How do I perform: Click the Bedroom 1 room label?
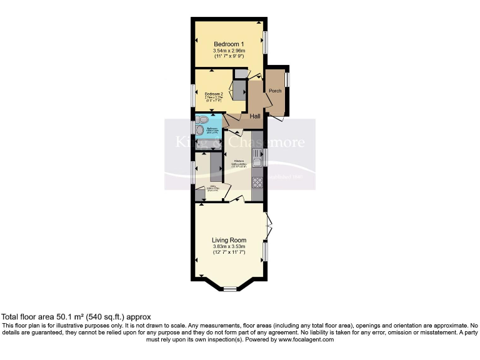coord(228,43)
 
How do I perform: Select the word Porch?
coord(275,91)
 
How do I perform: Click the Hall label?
coord(255,116)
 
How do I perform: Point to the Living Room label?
coord(229,240)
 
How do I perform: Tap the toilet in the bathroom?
coord(204,119)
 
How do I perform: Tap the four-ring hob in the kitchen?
coord(257,182)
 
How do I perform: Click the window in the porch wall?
coord(287,80)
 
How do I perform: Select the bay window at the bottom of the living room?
coord(230,288)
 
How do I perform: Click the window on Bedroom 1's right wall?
coord(265,42)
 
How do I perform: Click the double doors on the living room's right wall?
coord(268,226)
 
